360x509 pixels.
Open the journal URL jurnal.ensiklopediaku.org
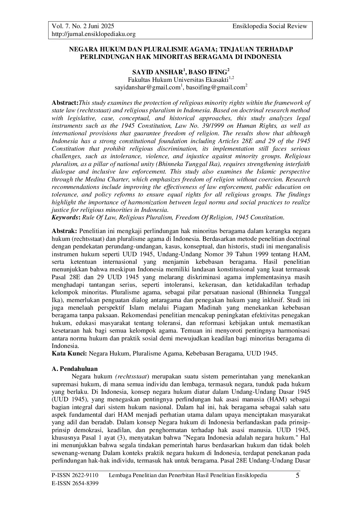(x=93, y=34)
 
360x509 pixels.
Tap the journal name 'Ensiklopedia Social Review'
(x=270, y=26)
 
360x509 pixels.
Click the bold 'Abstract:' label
(x=65, y=103)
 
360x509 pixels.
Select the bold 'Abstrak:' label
(x=64, y=231)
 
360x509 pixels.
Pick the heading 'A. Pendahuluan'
(x=75, y=369)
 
